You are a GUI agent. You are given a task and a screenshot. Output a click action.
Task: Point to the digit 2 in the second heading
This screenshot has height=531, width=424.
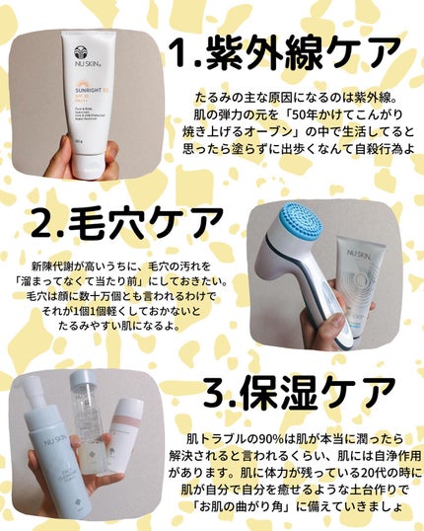click(43, 225)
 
